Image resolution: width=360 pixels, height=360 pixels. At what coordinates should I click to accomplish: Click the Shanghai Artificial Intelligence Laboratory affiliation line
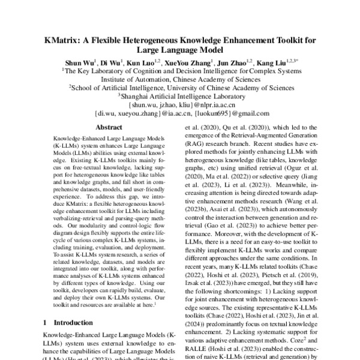tap(179, 95)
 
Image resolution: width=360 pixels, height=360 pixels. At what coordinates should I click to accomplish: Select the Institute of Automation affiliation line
tap(179, 78)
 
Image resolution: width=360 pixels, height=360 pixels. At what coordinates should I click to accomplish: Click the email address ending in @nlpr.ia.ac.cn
tap(179, 103)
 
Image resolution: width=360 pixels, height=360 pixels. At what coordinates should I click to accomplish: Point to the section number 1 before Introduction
tap(47, 322)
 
